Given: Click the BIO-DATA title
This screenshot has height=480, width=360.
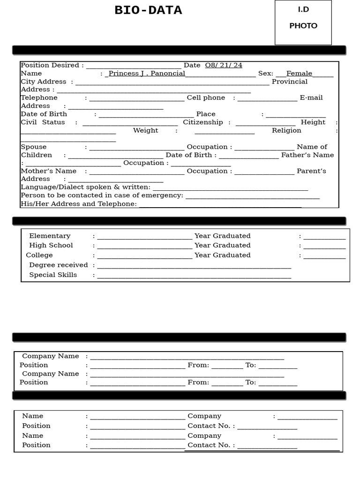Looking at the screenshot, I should (x=148, y=10).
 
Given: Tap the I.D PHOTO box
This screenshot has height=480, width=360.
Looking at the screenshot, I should (x=303, y=22).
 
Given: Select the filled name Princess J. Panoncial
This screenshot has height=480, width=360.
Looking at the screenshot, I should (x=147, y=73).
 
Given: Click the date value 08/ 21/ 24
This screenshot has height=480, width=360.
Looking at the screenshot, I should (x=224, y=65).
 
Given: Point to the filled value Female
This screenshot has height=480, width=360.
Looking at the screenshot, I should (x=299, y=73).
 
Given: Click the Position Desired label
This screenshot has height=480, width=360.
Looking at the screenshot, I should (x=52, y=65).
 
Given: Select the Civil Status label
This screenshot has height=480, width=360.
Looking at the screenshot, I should (x=43, y=122).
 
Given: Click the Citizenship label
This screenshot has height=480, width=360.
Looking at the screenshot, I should (x=203, y=122).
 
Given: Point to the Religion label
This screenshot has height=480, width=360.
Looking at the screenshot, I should (x=286, y=130).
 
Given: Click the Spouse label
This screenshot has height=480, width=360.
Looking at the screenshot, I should (x=33, y=147).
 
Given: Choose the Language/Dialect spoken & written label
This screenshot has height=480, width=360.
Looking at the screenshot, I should (x=85, y=187).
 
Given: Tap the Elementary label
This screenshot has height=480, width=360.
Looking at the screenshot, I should (x=50, y=236).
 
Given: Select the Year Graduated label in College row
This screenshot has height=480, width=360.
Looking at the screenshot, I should (x=222, y=255).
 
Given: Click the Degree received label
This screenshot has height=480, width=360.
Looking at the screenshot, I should (x=58, y=265).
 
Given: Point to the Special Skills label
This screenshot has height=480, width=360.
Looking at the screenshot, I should (x=53, y=275).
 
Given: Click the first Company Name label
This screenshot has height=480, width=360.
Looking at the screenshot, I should (x=51, y=356).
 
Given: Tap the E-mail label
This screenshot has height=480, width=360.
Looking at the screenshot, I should (x=311, y=97).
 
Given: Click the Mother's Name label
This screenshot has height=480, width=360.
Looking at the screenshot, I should (x=48, y=171).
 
